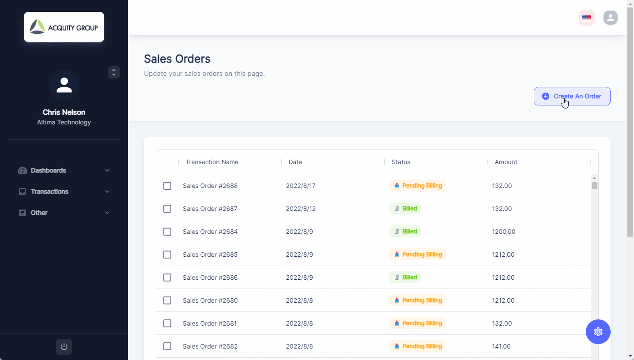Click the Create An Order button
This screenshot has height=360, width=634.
point(572,96)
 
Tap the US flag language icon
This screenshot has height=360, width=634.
point(587,18)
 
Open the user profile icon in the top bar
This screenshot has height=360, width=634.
point(611,18)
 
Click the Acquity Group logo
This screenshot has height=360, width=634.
point(64,27)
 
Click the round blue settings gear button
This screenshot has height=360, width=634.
point(598,332)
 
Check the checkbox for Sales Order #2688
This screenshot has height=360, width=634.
point(167,186)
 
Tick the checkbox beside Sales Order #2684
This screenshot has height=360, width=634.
point(167,232)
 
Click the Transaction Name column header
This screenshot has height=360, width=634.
point(212,162)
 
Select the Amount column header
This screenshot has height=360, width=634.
point(506,162)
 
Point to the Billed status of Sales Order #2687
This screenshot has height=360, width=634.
point(405,209)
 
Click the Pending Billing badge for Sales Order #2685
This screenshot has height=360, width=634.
point(418,255)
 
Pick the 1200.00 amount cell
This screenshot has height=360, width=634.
point(504,232)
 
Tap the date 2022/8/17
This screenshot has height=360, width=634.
point(301,186)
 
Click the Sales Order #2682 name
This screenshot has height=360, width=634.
point(210,346)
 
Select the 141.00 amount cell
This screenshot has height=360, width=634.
point(502,346)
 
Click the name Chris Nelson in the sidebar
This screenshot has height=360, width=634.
point(64,112)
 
